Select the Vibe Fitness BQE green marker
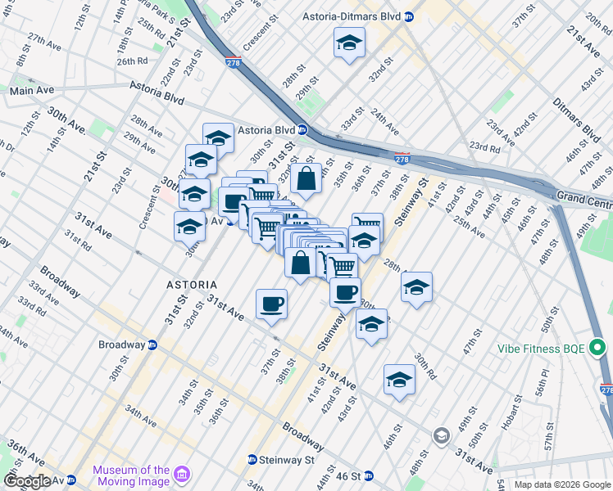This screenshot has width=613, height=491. (x=597, y=349)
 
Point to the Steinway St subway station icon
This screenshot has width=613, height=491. (x=252, y=459)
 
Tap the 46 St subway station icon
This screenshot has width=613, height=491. (x=368, y=475)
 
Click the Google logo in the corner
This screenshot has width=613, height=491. (x=27, y=481)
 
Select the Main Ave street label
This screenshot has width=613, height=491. (x=32, y=90)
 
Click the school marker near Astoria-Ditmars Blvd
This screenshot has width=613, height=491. (x=350, y=43)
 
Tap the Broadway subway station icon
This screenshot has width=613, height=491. (x=152, y=345)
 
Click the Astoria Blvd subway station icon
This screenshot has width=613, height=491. (x=302, y=129)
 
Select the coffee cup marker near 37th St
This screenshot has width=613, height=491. (x=271, y=304)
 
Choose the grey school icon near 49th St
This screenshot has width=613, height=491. (x=443, y=435)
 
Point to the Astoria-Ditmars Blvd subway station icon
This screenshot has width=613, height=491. (x=408, y=16)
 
